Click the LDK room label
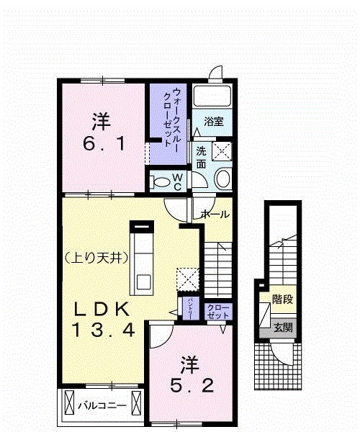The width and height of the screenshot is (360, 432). pyautogui.click(x=104, y=310)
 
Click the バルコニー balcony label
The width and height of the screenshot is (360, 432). pyautogui.click(x=102, y=405)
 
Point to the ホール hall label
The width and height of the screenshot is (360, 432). pyautogui.click(x=215, y=214)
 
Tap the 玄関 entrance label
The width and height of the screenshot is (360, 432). pyautogui.click(x=282, y=327)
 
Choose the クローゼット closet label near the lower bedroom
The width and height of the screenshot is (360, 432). pyautogui.click(x=218, y=312)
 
